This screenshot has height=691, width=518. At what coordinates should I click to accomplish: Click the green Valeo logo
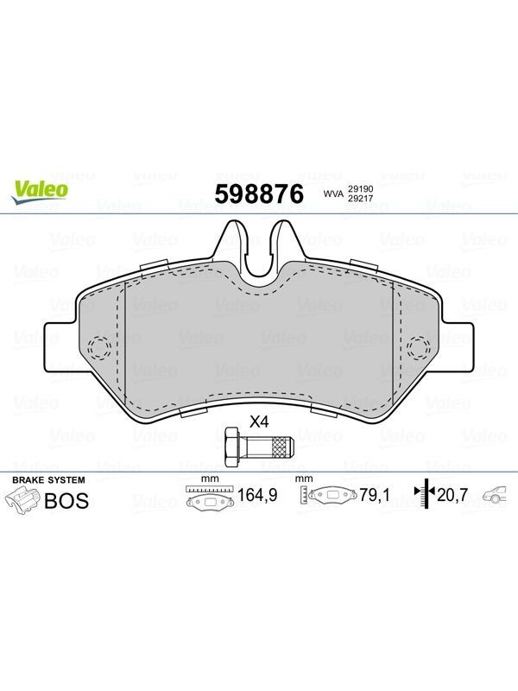point(40,193)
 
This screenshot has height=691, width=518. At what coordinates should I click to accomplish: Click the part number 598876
point(259,193)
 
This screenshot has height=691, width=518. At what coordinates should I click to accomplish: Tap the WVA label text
point(333,193)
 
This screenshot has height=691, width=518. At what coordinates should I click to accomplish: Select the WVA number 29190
point(361,188)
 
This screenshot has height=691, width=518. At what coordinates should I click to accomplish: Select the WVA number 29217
point(361,199)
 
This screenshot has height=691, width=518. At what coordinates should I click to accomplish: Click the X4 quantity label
point(259,422)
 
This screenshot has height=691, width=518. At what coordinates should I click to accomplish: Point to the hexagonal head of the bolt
point(232,447)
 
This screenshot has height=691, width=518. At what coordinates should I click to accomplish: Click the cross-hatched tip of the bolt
point(282,447)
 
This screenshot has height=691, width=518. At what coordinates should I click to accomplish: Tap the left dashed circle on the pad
point(99,348)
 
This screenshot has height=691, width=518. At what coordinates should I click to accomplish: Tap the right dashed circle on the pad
point(419,348)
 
